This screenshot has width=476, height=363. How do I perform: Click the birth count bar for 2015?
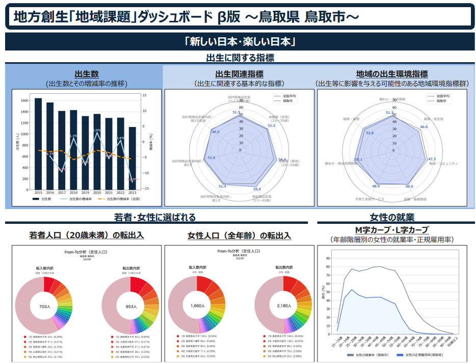tap(38, 143)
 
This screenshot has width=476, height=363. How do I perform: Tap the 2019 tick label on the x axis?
tap(85, 193)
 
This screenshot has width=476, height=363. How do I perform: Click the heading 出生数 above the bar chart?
tap(86, 74)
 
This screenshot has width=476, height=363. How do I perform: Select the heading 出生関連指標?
tap(239, 74)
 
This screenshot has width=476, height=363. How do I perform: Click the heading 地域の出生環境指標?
tap(392, 74)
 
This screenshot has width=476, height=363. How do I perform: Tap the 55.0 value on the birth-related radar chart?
tap(257, 189)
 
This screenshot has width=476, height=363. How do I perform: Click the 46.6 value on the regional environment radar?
tap(424, 126)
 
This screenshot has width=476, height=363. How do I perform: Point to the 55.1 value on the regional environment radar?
tap(358, 160)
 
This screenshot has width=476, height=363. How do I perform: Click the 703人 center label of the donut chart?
tap(44, 306)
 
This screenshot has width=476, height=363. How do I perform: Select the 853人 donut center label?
tap(131, 306)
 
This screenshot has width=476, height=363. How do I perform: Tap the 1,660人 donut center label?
tap(197, 306)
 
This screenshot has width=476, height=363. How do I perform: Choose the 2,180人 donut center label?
tap(283, 306)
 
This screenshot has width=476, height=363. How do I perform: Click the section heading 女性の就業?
tap(392, 217)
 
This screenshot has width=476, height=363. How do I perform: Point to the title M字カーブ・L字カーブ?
tap(391, 229)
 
